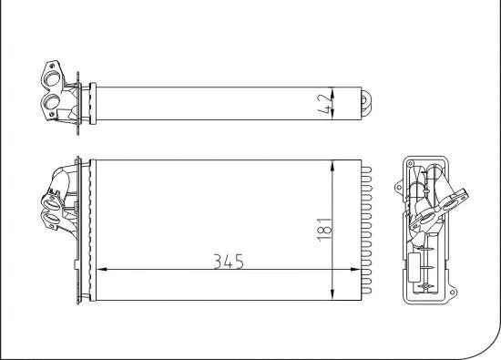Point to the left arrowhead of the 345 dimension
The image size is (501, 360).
(101, 270)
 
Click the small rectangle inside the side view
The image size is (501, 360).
(422, 270)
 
